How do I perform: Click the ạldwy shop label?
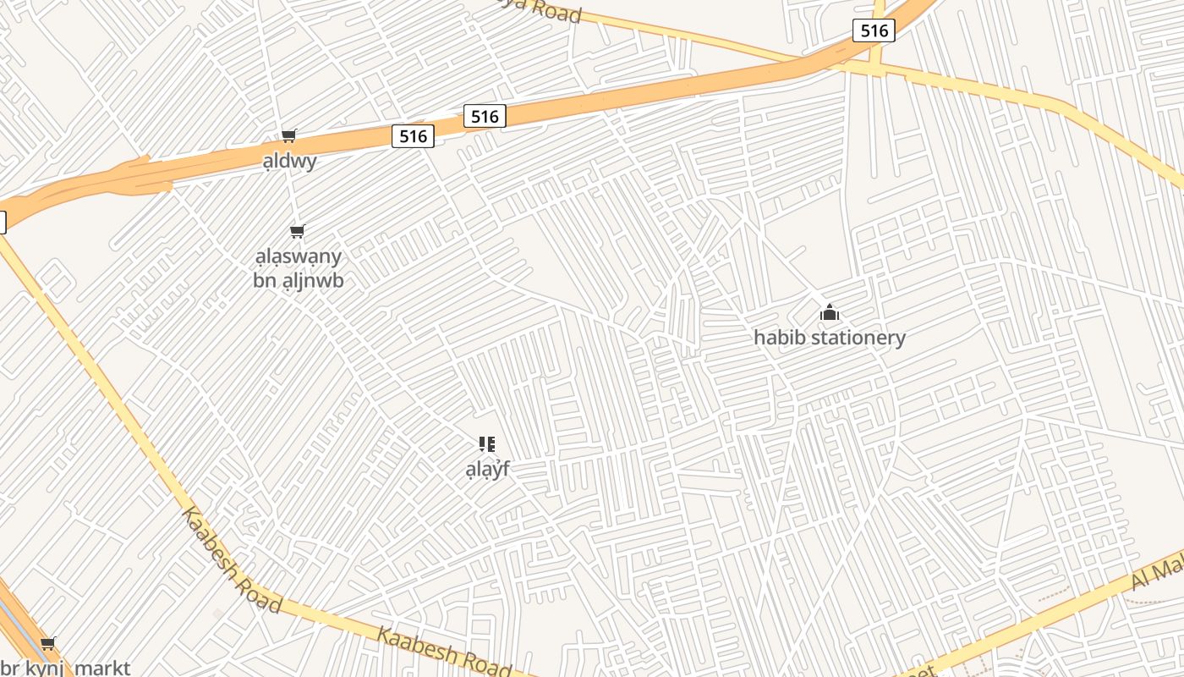pyautogui.click(x=289, y=161)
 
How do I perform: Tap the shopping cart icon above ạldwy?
pyautogui.click(x=289, y=135)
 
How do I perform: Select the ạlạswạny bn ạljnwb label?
pyautogui.click(x=299, y=267)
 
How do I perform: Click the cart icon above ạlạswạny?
pyautogui.click(x=297, y=231)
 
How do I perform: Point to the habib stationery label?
pyautogui.click(x=829, y=338)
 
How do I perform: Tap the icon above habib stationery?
pyautogui.click(x=829, y=313)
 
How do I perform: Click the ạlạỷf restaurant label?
pyautogui.click(x=487, y=469)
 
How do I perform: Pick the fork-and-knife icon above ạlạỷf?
pyautogui.click(x=487, y=444)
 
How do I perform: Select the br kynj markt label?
pyautogui.click(x=65, y=668)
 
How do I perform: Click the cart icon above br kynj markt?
pyautogui.click(x=48, y=644)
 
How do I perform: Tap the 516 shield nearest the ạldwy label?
pyautogui.click(x=413, y=135)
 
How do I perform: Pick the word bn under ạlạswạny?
pyautogui.click(x=266, y=280)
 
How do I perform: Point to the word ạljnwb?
pyautogui.click(x=312, y=280)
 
